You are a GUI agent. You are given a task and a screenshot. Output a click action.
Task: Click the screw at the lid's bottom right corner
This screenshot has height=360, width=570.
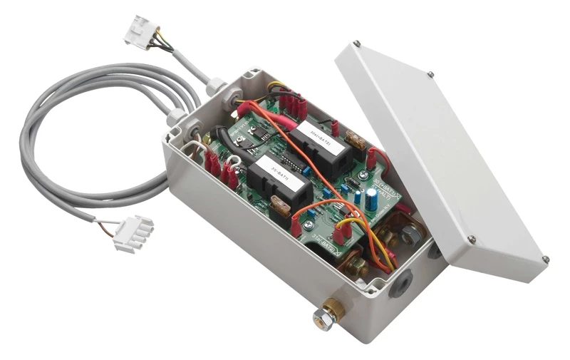545,259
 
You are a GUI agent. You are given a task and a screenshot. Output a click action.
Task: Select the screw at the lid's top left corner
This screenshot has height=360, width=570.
356,43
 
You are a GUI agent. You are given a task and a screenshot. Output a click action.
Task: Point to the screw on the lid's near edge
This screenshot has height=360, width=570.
471,240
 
